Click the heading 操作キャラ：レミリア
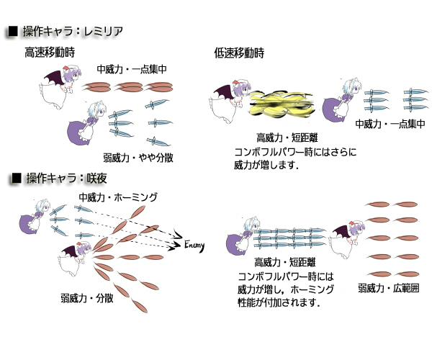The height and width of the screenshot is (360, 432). pyautogui.click(x=72, y=32)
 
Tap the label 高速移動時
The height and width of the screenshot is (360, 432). pyautogui.click(x=50, y=53)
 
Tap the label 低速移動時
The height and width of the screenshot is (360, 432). pyautogui.click(x=239, y=53)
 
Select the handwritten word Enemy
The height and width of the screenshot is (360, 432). pyautogui.click(x=194, y=245)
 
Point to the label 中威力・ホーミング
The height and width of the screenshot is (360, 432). pyautogui.click(x=118, y=197)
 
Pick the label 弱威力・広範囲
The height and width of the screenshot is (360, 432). pyautogui.click(x=387, y=289)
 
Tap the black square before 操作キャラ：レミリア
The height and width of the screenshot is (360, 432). pyautogui.click(x=13, y=32)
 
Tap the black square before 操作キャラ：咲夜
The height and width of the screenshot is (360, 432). pyautogui.click(x=13, y=177)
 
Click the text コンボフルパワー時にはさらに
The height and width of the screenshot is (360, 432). pyautogui.click(x=296, y=152)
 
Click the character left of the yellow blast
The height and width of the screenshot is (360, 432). pyautogui.click(x=232, y=102)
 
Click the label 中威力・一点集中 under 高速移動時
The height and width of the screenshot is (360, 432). pyautogui.click(x=132, y=69)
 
